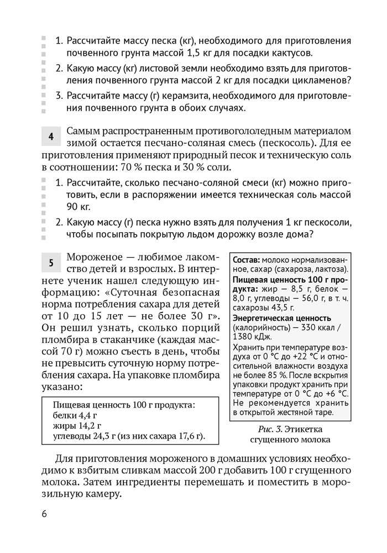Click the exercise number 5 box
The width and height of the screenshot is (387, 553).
pos(50,263)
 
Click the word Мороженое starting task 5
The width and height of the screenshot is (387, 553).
pos(94,258)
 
